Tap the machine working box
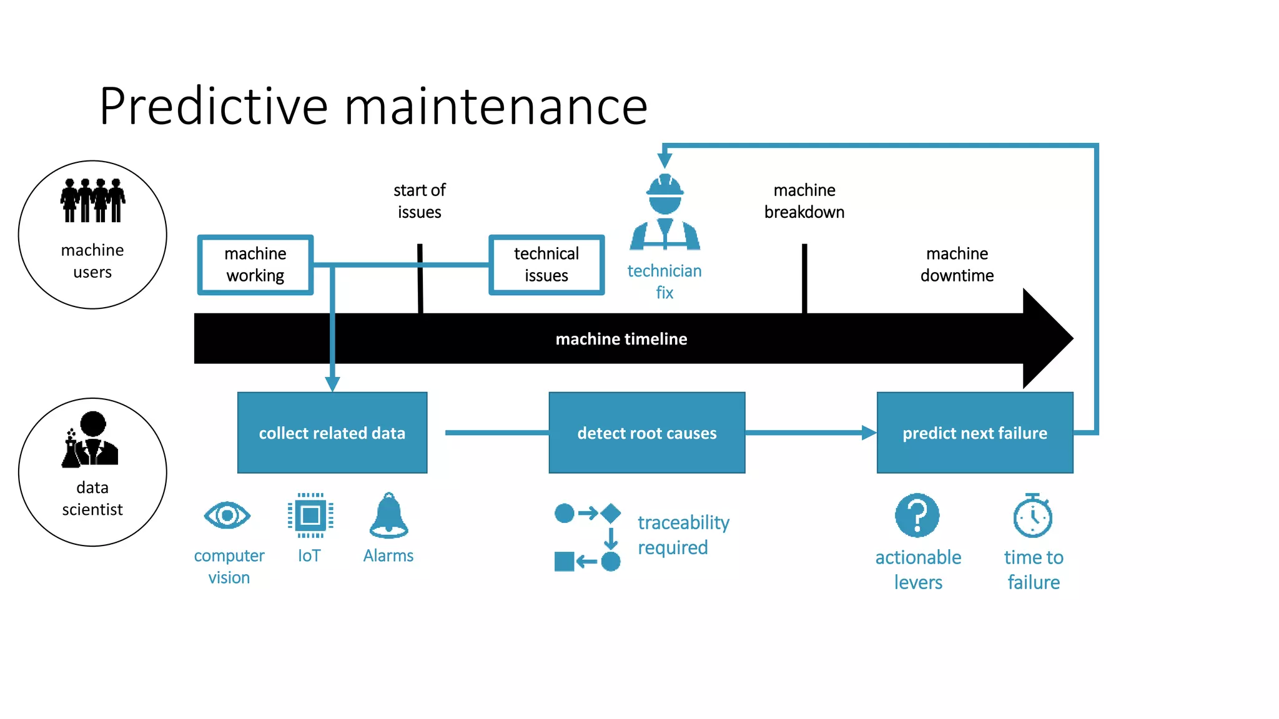255,265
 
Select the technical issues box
546,265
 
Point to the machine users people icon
92,200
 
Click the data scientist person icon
91,439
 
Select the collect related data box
332,433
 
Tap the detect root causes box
646,433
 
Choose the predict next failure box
974,433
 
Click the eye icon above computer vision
227,516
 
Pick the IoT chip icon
310,516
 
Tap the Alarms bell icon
388,516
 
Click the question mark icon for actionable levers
917,516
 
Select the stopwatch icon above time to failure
1032,516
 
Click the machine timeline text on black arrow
621,339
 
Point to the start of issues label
419,201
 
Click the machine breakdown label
804,201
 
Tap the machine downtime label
957,265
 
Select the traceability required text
683,535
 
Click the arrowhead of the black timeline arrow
1049,339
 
